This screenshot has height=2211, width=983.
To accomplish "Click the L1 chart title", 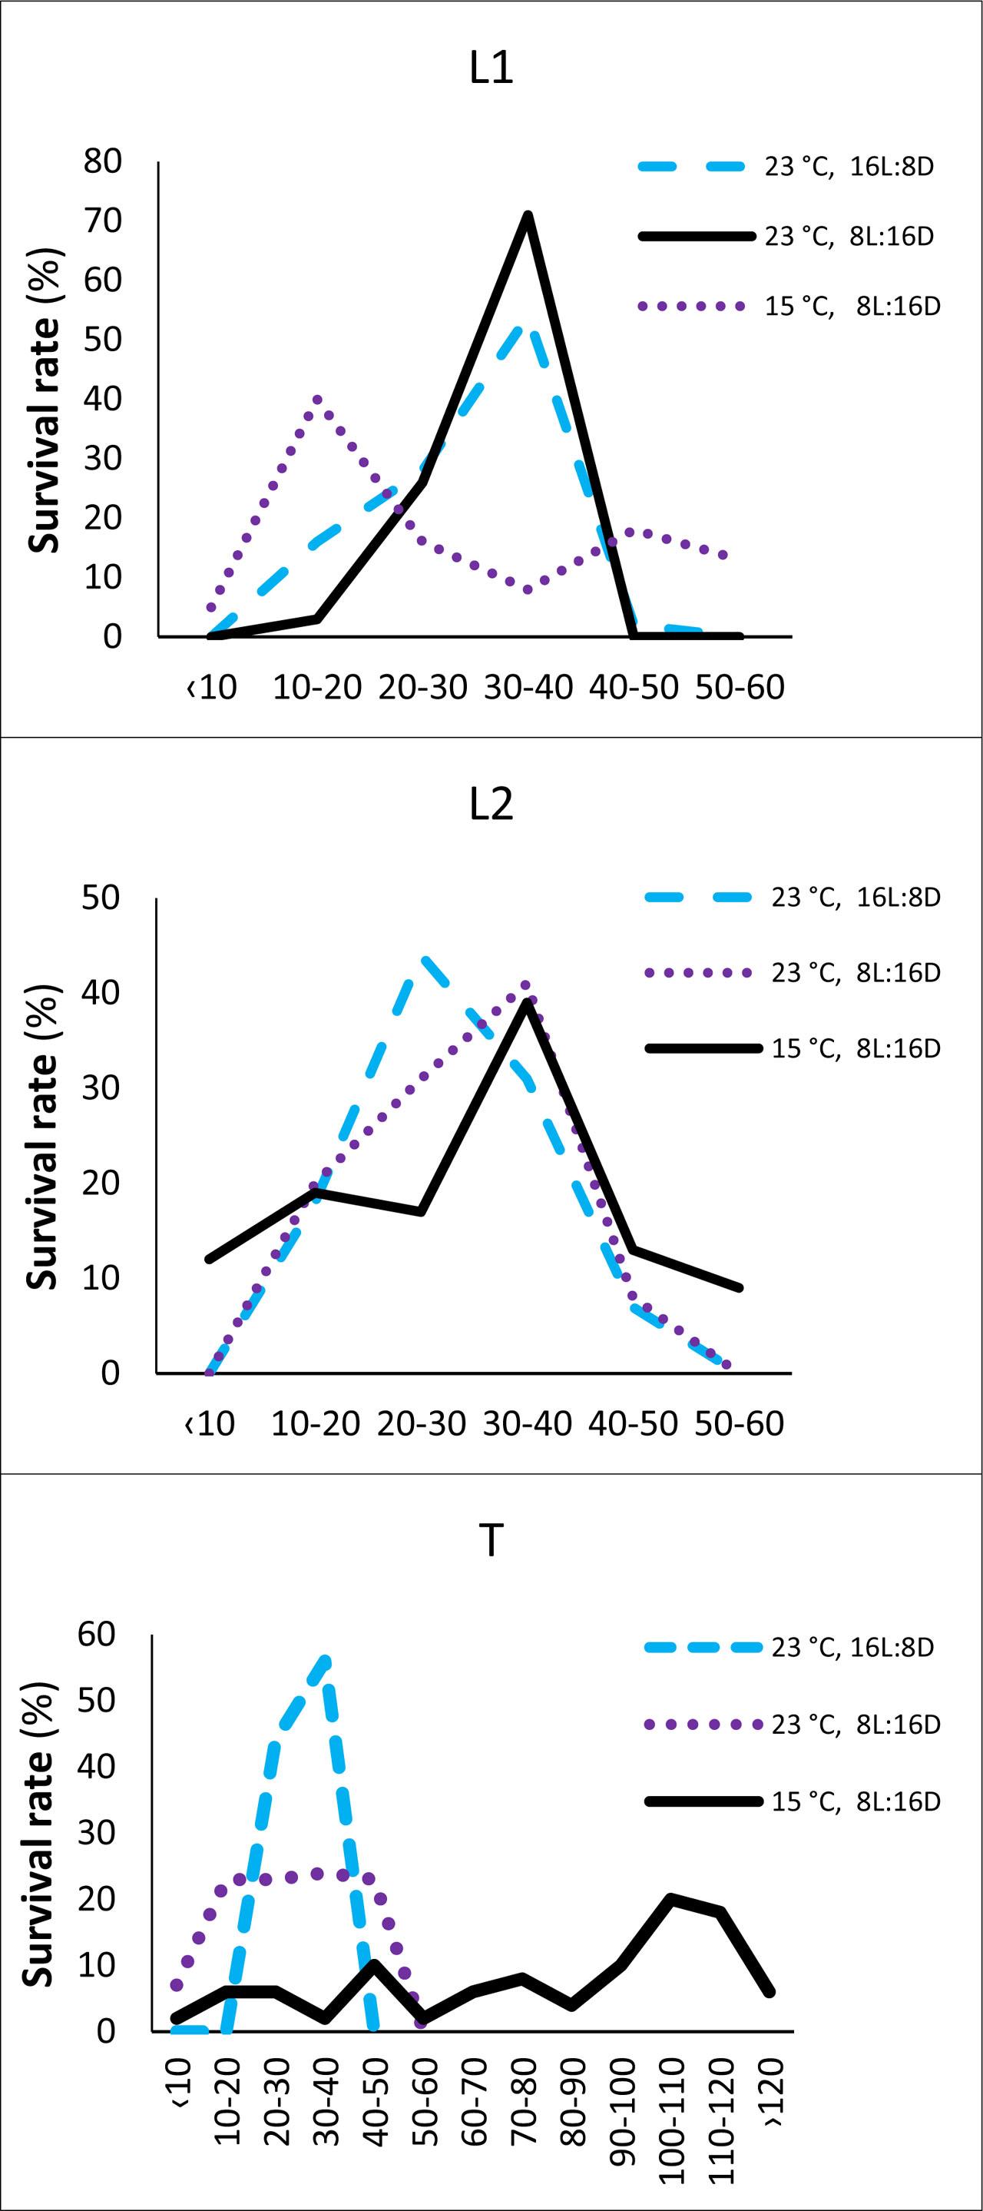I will (x=491, y=68).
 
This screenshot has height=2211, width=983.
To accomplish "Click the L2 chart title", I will (x=491, y=804).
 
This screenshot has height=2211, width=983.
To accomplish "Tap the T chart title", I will (x=491, y=1541).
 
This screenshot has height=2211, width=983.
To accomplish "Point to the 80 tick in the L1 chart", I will (x=102, y=161).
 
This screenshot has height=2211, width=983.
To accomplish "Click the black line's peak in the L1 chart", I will (x=528, y=215).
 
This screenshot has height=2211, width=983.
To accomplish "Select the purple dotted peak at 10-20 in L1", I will (x=317, y=399).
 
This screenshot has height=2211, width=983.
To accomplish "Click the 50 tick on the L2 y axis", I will (x=101, y=898).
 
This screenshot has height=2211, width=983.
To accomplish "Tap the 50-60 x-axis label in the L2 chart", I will (x=740, y=1424).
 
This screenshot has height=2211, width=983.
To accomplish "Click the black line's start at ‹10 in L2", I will (x=210, y=1259).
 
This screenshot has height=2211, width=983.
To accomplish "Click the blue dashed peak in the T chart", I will (x=325, y=1662).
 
